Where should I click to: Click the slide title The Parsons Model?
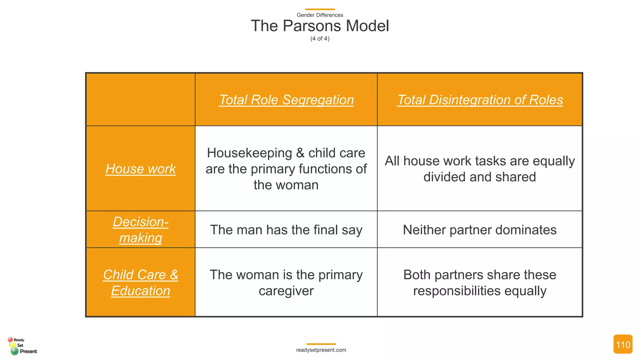(x=320, y=26)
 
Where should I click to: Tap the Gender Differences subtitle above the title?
(x=320, y=15)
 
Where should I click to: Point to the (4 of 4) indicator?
(x=320, y=38)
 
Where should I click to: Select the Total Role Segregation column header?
(x=286, y=100)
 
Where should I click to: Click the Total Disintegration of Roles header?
(x=480, y=100)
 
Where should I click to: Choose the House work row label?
(x=141, y=169)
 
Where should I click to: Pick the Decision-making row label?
(x=141, y=230)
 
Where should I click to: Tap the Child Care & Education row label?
(x=141, y=282)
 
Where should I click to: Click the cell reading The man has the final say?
(x=286, y=230)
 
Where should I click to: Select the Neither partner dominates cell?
(x=480, y=230)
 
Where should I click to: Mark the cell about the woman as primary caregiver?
(x=286, y=282)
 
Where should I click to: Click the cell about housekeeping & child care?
(x=286, y=169)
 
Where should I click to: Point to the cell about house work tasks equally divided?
(x=480, y=169)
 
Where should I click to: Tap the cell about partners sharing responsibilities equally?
(x=480, y=282)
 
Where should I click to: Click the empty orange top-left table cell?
(x=141, y=100)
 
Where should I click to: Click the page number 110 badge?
(x=622, y=344)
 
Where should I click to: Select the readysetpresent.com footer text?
(x=321, y=350)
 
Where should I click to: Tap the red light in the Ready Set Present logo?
(x=10, y=339)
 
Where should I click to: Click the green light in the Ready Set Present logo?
(x=14, y=351)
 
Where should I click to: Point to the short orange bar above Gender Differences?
(x=320, y=9)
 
